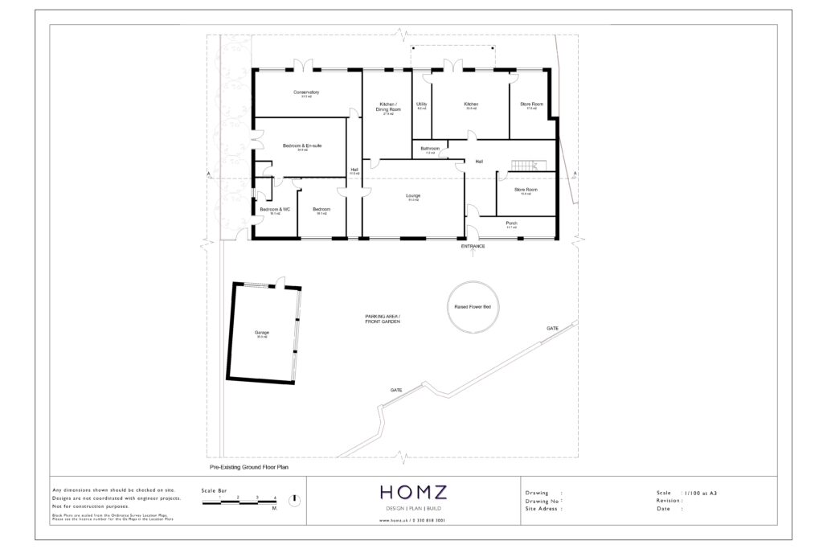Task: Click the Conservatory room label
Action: click(305, 92)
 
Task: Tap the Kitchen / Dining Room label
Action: click(387, 107)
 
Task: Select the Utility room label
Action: click(421, 104)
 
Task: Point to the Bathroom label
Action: click(430, 149)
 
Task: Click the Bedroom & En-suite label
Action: click(302, 145)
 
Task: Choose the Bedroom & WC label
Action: click(274, 209)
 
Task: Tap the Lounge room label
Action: click(413, 196)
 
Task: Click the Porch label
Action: click(511, 223)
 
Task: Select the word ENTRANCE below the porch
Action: click(473, 247)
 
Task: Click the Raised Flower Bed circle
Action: click(474, 307)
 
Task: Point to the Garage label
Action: click(261, 333)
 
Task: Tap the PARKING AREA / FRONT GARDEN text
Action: click(383, 320)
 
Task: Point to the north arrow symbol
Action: click(295, 499)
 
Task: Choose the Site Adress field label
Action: click(543, 509)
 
